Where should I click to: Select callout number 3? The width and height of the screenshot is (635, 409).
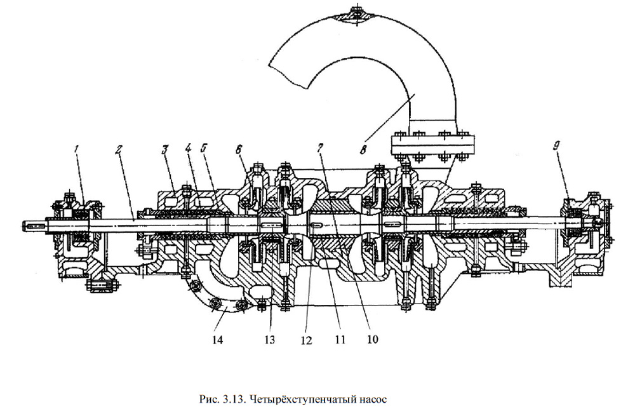point(164,150)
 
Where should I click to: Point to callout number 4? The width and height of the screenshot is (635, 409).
point(187,150)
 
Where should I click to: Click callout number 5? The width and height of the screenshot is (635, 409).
point(203,150)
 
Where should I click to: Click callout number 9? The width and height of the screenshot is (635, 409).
point(556,145)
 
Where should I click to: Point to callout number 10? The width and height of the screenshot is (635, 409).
point(372,339)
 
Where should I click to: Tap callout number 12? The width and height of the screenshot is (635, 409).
point(307,340)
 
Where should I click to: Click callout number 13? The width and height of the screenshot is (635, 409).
point(269,339)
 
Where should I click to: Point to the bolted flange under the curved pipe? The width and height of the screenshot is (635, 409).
point(432,145)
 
